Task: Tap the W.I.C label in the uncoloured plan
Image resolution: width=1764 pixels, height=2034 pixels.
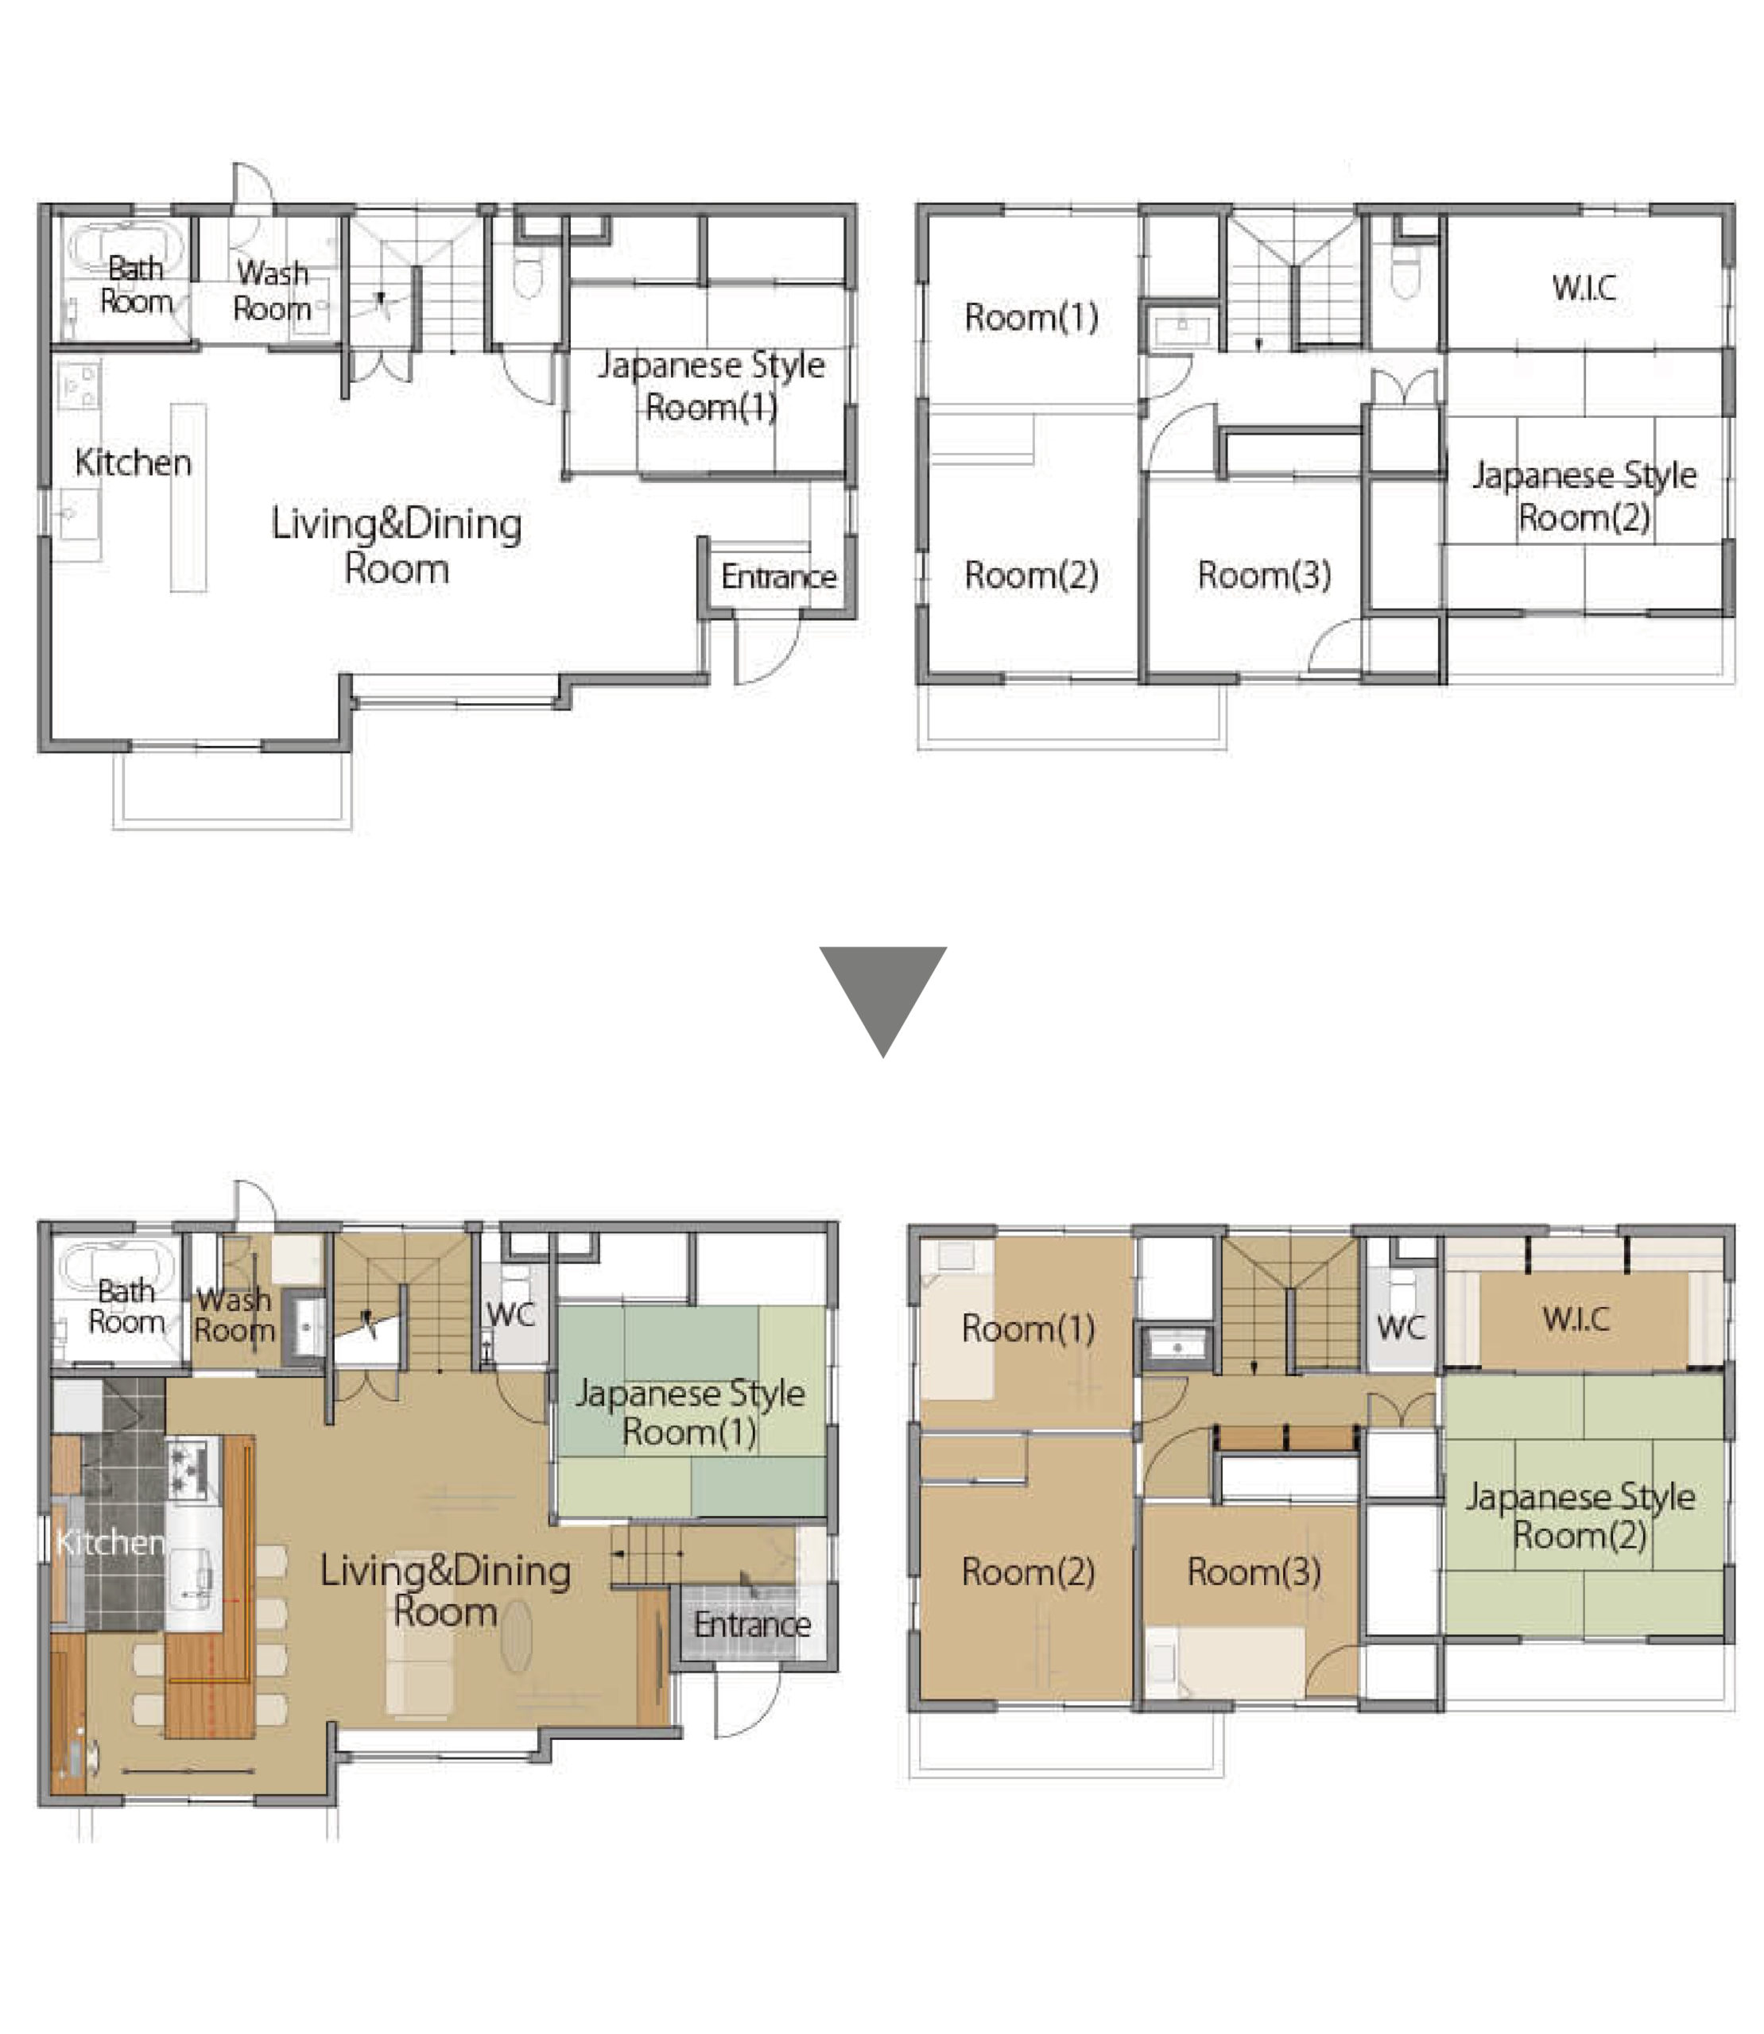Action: [1584, 288]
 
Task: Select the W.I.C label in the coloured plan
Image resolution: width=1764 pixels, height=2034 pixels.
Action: [1577, 1319]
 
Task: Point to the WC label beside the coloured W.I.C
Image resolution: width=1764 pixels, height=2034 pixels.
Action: [1401, 1328]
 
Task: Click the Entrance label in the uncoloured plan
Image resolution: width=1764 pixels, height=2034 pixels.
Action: [778, 576]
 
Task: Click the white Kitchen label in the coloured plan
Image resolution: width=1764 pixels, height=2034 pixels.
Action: [110, 1541]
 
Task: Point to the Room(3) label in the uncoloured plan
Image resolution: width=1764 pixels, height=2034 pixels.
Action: [1264, 574]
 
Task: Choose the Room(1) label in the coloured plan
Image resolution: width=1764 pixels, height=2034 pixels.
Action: [1028, 1328]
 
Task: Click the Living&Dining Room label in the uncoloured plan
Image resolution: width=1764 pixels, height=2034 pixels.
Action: [397, 545]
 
